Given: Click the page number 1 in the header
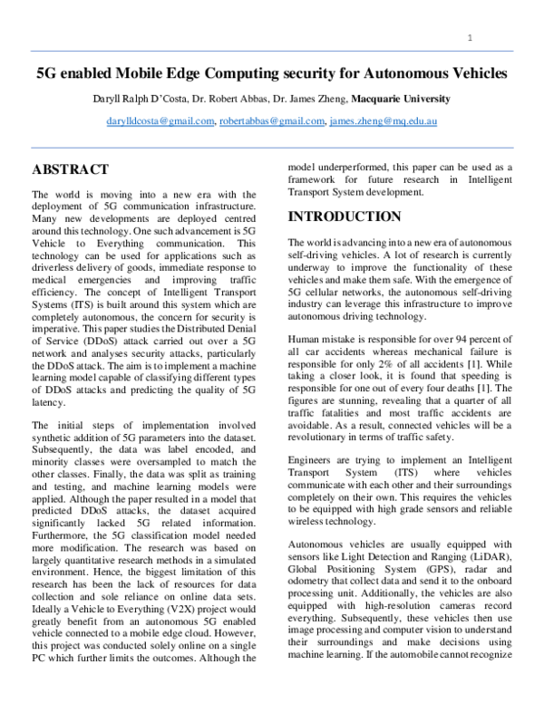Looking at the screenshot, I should [471, 38].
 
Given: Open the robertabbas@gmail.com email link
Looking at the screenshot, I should [271, 120].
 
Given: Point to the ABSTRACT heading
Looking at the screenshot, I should [70, 169].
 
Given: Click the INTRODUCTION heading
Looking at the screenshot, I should [344, 217].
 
